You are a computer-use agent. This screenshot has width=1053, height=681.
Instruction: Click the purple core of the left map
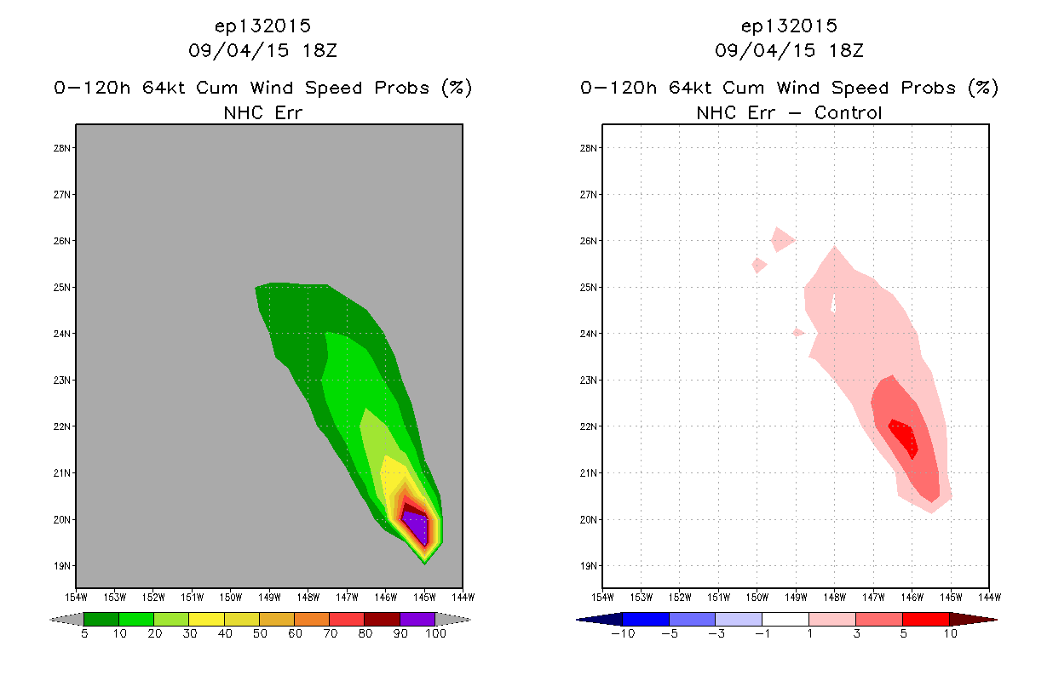pyautogui.click(x=417, y=527)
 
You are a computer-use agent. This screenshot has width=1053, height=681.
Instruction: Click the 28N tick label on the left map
pyautogui.click(x=61, y=148)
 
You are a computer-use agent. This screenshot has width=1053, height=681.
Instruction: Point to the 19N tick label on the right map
pyautogui.click(x=588, y=566)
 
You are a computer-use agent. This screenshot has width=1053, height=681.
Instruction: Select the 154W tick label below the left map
pyautogui.click(x=76, y=598)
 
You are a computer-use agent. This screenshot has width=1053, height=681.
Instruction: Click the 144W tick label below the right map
pyautogui.click(x=990, y=598)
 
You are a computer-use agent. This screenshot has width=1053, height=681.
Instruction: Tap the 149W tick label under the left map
pyautogui.click(x=269, y=598)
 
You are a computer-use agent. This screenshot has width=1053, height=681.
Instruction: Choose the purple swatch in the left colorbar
pyautogui.click(x=417, y=619)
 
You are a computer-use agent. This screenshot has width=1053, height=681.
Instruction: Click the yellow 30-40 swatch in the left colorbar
pyautogui.click(x=207, y=619)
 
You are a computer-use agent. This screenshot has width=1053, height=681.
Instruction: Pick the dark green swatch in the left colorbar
pyautogui.click(x=101, y=619)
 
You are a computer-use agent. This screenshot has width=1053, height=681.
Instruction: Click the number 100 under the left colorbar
pyautogui.click(x=435, y=633)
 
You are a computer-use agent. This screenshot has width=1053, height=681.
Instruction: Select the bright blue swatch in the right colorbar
pyautogui.click(x=646, y=619)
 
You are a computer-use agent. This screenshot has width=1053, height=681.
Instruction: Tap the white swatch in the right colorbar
pyautogui.click(x=785, y=619)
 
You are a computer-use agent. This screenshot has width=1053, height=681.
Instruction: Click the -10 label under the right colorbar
pyautogui.click(x=623, y=633)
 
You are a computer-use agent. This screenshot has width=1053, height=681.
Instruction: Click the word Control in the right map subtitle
pyautogui.click(x=848, y=113)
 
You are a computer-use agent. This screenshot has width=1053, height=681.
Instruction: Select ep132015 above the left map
pyautogui.click(x=262, y=26)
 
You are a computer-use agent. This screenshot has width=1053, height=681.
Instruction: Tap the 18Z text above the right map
pyautogui.click(x=846, y=51)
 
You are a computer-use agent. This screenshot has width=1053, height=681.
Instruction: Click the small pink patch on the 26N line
pyautogui.click(x=782, y=239)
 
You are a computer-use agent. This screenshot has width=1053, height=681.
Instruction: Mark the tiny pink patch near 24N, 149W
pyautogui.click(x=797, y=333)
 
